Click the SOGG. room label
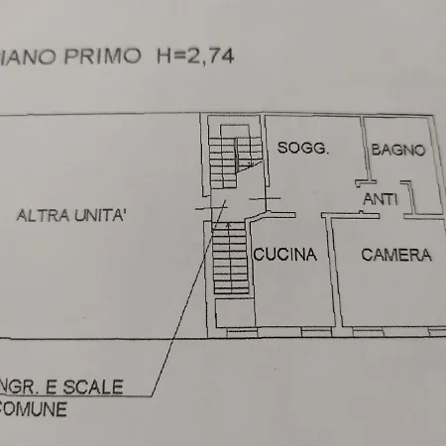pyautogui.click(x=302, y=150)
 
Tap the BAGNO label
pyautogui.click(x=398, y=151)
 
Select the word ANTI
pyautogui.click(x=381, y=198)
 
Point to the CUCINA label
pyautogui.click(x=284, y=255)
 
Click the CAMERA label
pyautogui.click(x=395, y=255)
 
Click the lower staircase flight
pyautogui.click(x=230, y=263)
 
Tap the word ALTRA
pyautogui.click(x=46, y=214)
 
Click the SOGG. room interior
pyautogui.click(x=307, y=178)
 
